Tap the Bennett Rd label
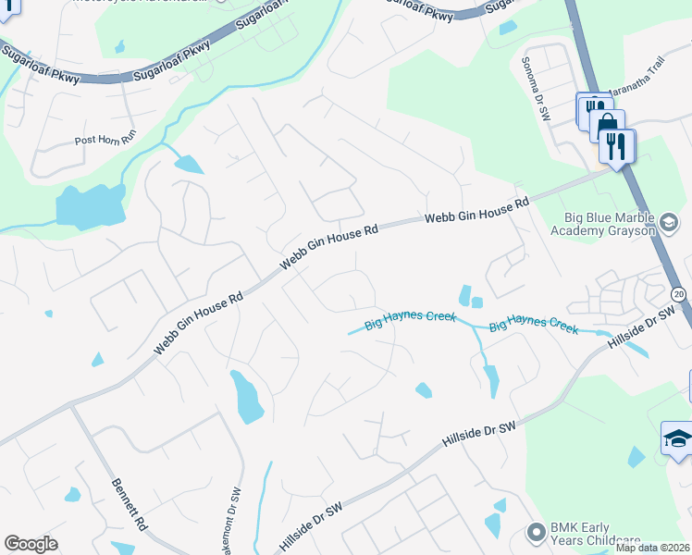pyautogui.click(x=130, y=503)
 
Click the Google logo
pyautogui.click(x=31, y=544)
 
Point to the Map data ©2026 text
pyautogui.click(x=653, y=548)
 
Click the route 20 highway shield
pyautogui.click(x=678, y=294)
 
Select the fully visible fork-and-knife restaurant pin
pyautogui.click(x=616, y=145)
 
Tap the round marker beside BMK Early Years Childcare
pyautogui.click(x=535, y=532)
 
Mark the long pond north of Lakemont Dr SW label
pyautogui.click(x=248, y=395)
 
